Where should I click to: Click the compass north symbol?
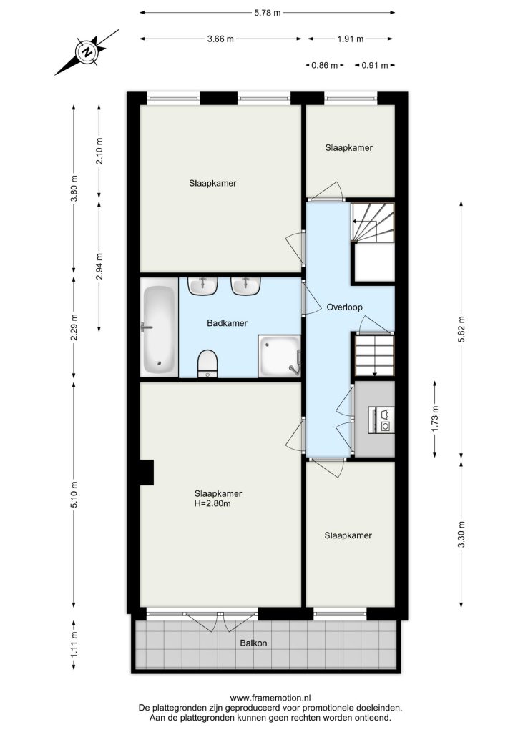click(87, 51)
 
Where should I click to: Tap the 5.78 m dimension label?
click(268, 13)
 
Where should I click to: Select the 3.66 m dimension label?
click(220, 39)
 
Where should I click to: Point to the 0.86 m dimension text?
click(325, 65)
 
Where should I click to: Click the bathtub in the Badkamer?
click(160, 327)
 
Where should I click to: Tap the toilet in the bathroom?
click(208, 364)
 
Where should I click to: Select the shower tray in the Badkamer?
click(279, 356)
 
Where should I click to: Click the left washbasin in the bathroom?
click(202, 286)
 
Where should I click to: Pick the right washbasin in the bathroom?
click(245, 286)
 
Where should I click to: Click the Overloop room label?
click(345, 307)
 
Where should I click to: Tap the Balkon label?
click(253, 643)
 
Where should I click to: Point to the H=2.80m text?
click(212, 504)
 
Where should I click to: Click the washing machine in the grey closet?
click(381, 420)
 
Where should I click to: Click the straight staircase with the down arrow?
click(375, 355)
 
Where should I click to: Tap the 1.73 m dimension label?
click(435, 419)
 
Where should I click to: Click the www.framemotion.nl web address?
click(270, 698)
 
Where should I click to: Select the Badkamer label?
click(227, 323)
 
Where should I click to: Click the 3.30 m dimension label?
click(461, 534)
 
